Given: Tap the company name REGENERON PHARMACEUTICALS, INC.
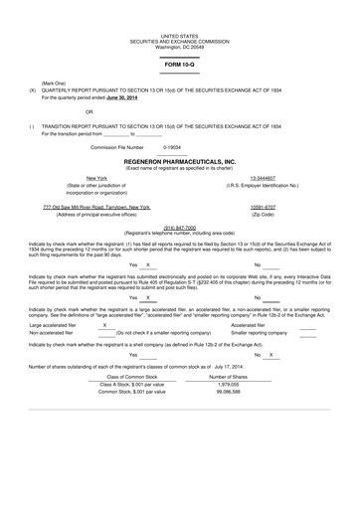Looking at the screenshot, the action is [180, 159].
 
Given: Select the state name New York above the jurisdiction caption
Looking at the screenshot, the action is [84, 178].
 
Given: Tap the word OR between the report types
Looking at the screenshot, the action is [62, 111].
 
